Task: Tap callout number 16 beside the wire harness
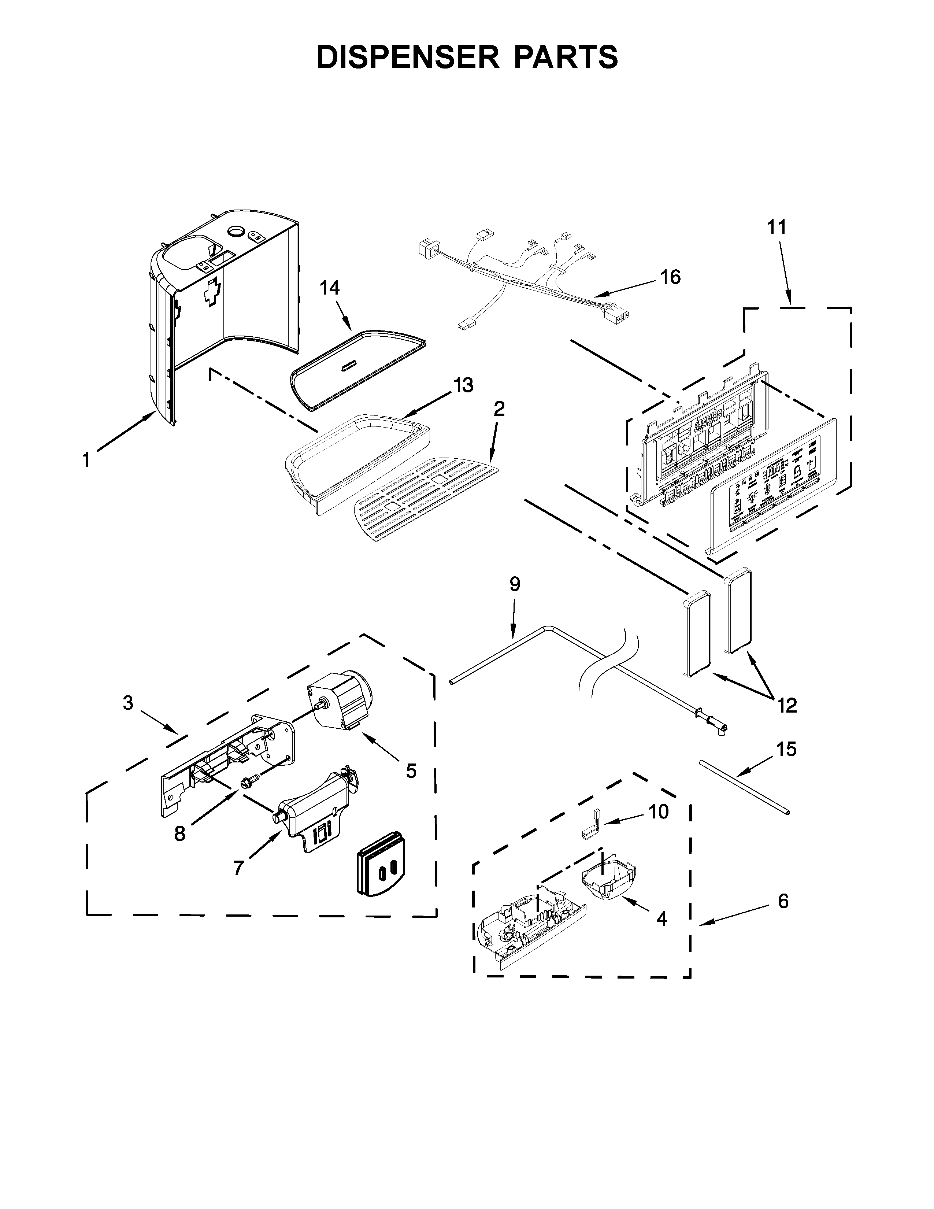click(x=671, y=277)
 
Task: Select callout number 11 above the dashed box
click(x=776, y=228)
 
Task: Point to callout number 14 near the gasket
click(x=330, y=288)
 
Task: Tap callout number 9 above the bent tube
click(x=515, y=584)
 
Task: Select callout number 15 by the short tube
click(x=786, y=750)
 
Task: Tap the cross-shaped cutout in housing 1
click(x=211, y=294)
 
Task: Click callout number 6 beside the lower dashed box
click(x=783, y=902)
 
